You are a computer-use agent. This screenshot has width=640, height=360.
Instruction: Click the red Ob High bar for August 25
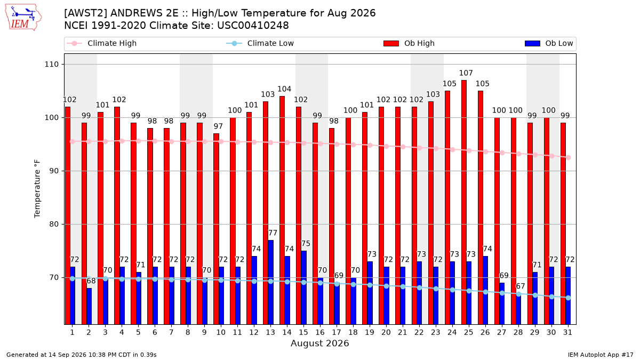(463, 202)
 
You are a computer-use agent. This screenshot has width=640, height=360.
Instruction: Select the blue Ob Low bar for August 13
(270, 282)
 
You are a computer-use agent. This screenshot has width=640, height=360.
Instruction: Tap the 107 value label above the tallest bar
(466, 73)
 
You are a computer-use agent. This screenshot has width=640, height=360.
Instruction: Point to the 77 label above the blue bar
(273, 233)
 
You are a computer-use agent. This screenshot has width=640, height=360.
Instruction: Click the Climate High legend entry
(102, 43)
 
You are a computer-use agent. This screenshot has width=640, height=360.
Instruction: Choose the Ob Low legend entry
(549, 43)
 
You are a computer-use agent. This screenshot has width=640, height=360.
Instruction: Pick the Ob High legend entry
(409, 43)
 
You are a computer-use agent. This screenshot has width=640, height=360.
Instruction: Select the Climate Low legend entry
(260, 43)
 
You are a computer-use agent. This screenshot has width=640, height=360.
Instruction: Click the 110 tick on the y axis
(51, 65)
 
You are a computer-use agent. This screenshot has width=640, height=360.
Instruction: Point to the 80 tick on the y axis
(54, 225)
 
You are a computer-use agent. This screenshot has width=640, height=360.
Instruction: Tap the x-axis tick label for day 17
(337, 332)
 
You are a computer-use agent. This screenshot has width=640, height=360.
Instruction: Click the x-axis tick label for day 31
(567, 332)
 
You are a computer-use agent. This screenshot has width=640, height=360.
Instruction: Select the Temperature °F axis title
(37, 189)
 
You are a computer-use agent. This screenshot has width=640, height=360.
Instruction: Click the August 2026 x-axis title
(319, 343)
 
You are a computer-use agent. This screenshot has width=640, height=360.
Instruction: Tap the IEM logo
(23, 18)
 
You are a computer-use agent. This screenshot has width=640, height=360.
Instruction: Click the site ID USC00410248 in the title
(253, 26)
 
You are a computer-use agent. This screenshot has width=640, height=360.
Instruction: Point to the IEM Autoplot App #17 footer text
(601, 355)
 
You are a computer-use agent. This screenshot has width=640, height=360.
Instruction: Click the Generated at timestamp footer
(82, 355)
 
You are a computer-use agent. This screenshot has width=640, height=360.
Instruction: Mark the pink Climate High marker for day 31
(569, 157)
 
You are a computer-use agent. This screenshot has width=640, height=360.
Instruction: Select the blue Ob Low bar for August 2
(89, 306)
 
